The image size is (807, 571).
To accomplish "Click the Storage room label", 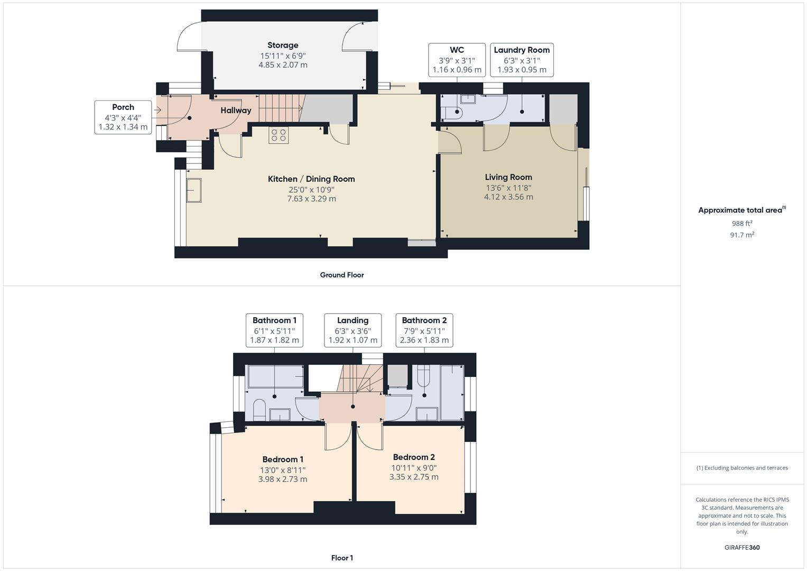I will tap(283, 45).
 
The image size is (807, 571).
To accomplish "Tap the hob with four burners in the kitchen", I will tap(279, 135).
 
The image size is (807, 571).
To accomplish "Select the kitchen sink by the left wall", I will tap(194, 190).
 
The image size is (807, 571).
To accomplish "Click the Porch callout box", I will tap(123, 117).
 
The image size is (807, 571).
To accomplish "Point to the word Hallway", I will tap(236, 110).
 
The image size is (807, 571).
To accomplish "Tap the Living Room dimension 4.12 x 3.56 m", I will tap(508, 197).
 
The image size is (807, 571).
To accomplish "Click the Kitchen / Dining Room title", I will tap(311, 179).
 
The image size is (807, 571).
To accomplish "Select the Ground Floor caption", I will tap(342, 275).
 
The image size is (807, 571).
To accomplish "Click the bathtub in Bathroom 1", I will tap(275, 376).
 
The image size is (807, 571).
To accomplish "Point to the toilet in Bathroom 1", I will tap(259, 410).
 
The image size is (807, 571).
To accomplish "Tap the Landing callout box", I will tap(353, 330).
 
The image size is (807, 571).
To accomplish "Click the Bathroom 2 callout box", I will tap(424, 330).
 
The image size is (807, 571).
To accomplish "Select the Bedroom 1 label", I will tap(283, 459).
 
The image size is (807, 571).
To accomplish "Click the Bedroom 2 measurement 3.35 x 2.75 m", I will tap(414, 477).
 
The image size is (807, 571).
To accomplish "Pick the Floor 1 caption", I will tap(342, 558).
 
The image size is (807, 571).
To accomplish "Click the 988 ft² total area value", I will tap(742, 224).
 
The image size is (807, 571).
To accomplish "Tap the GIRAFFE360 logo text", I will tap(742, 547).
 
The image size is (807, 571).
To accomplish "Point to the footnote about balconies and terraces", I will tap(742, 468).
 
